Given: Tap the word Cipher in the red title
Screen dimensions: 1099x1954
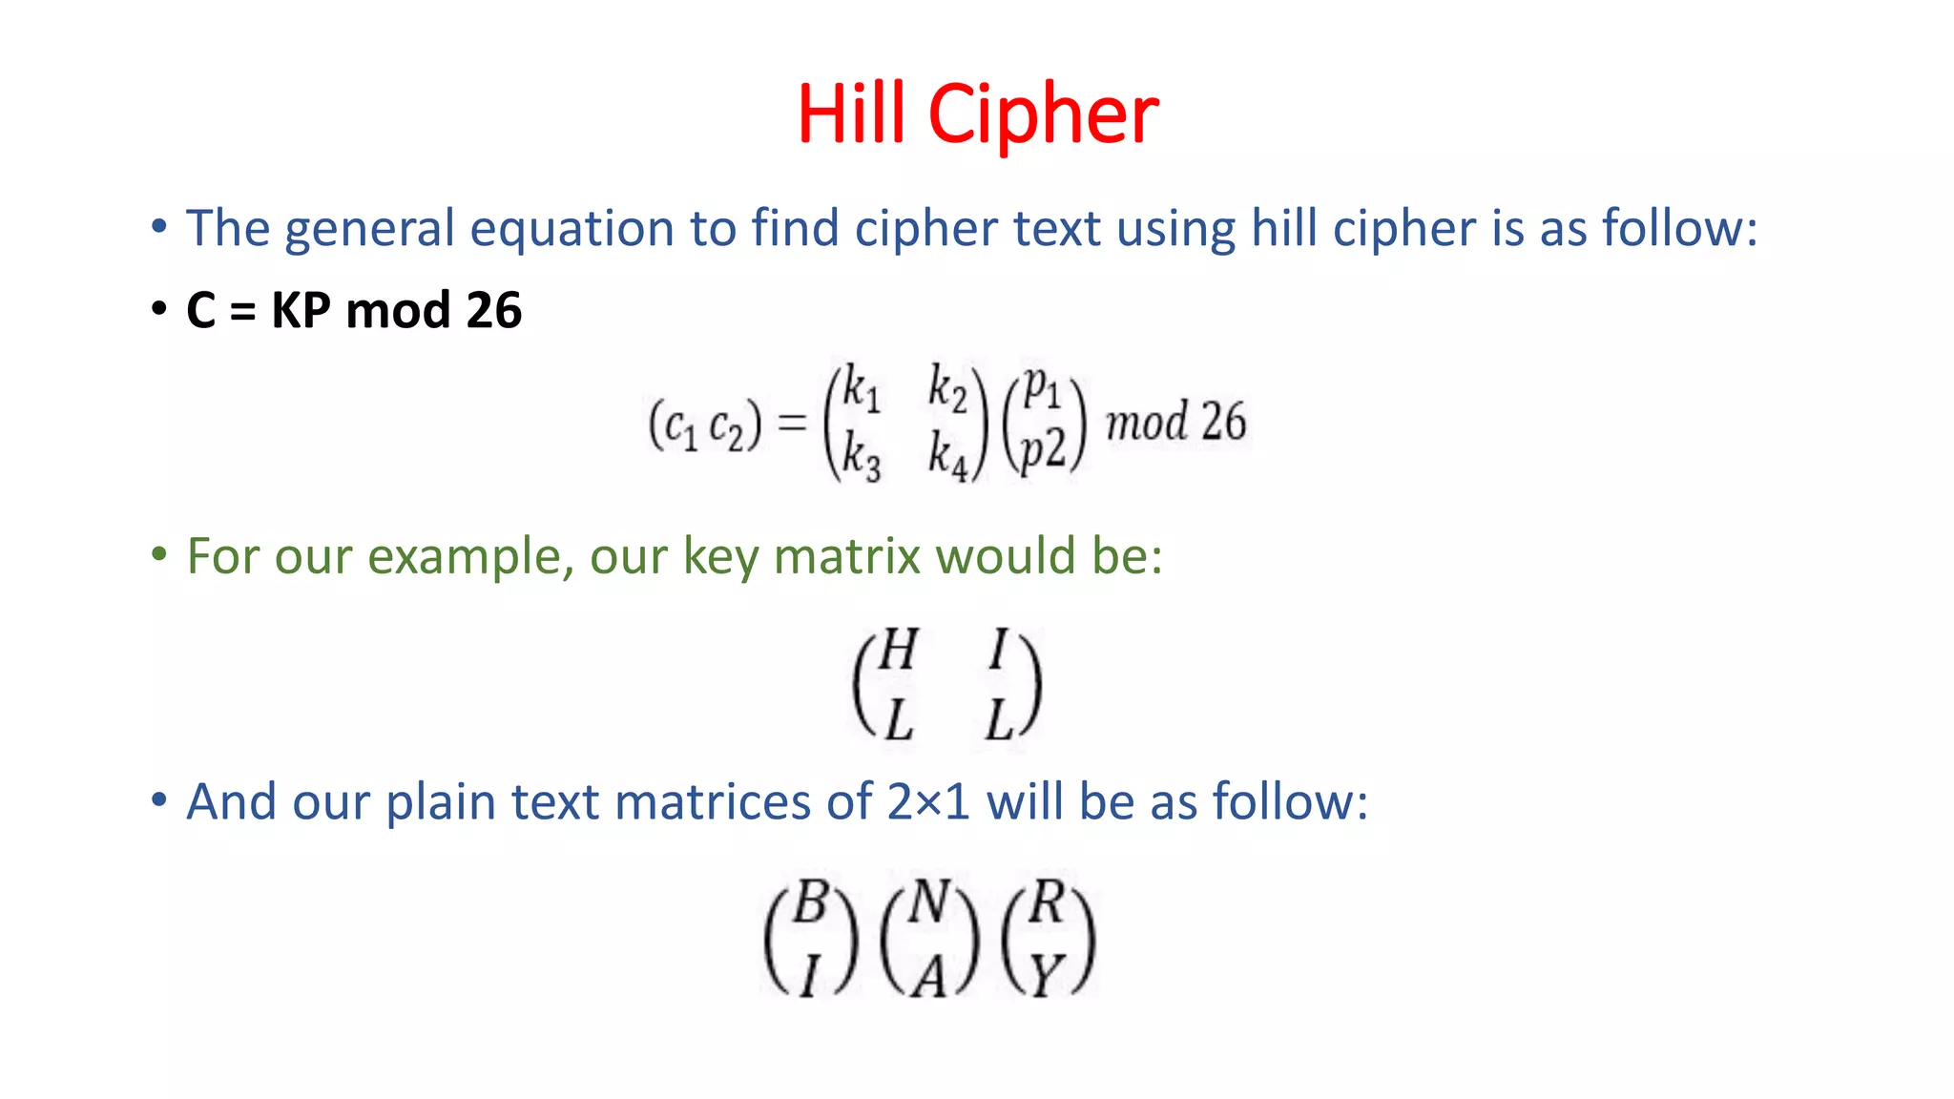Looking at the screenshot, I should pos(1043,115).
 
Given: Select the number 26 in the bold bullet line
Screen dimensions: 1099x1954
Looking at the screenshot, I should pos(493,310).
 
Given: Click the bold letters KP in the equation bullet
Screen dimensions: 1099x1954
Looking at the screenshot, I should pos(301,310).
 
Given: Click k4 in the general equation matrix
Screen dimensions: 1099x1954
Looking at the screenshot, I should pos(948,455).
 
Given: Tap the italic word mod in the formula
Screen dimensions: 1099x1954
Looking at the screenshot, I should pos(1147,422).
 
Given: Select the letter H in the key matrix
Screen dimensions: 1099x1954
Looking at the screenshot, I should pos(897,651).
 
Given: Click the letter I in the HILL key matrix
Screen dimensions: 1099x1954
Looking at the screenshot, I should pos(998,651).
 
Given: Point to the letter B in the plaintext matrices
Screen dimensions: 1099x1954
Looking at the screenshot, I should pos(810,902).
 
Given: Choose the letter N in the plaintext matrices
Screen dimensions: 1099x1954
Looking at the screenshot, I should pos(928,902).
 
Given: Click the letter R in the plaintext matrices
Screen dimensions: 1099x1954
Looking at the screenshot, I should pos(1048,902).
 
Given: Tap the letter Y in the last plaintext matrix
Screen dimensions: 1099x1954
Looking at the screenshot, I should pos(1048,975).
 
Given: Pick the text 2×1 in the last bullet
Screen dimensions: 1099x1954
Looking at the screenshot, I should pos(928,801).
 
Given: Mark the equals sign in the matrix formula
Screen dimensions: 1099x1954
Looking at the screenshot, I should pos(792,423).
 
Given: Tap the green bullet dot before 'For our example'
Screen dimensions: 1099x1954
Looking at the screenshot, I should pos(159,554).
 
